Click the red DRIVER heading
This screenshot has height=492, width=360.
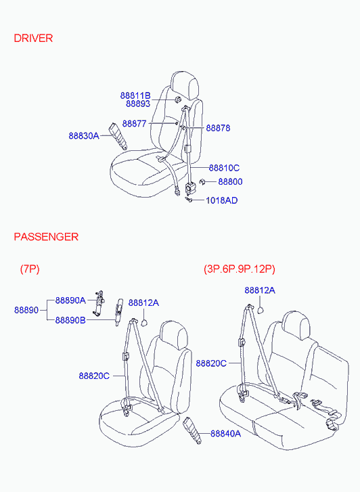[x=33, y=39]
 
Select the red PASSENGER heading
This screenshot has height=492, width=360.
[x=46, y=237]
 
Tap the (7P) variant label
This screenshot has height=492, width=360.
[x=30, y=269]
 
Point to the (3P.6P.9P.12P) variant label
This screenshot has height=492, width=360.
[x=240, y=269]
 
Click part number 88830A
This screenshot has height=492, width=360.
[x=84, y=136]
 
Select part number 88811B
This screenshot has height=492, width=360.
[x=135, y=95]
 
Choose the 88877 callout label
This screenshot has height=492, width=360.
[x=135, y=124]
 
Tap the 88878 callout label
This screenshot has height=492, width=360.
[x=218, y=128]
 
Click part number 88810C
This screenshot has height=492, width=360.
[x=224, y=168]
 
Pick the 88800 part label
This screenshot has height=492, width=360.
[x=230, y=181]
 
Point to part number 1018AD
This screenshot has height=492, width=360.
[x=221, y=200]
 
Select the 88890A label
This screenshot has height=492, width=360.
[x=70, y=300]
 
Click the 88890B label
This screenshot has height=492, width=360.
[x=70, y=320]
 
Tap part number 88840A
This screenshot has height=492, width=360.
[x=225, y=434]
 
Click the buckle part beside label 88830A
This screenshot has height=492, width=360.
[x=118, y=136]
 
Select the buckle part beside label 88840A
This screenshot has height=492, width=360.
[x=192, y=430]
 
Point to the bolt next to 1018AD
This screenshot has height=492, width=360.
[x=189, y=200]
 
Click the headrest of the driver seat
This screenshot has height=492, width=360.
[x=185, y=85]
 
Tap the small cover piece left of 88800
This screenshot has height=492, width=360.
[x=202, y=181]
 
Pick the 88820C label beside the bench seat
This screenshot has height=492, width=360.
[x=211, y=363]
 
